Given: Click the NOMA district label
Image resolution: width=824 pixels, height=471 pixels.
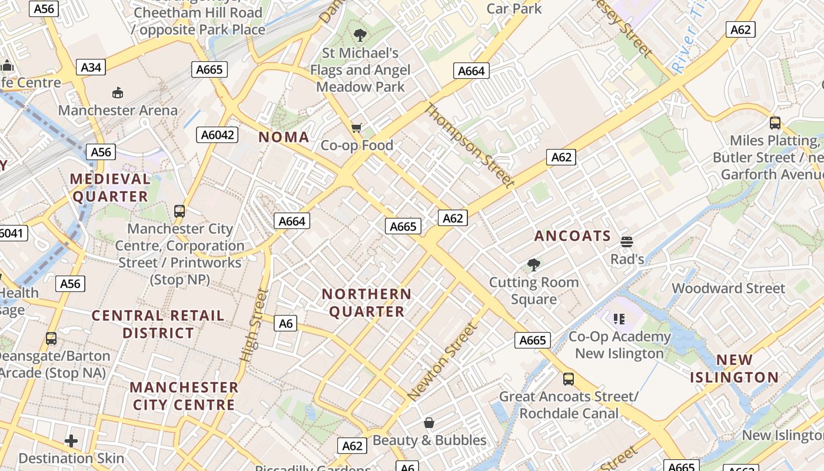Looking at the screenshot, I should coord(284,137).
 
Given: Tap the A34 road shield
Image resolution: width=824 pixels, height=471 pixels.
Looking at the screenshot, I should coord(91,67).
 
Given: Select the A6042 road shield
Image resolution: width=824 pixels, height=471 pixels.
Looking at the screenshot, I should coord(218,135).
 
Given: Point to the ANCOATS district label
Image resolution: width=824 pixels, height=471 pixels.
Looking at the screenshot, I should coord(573,236).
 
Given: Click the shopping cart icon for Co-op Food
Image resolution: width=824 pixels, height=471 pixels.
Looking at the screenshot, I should coord(356,128).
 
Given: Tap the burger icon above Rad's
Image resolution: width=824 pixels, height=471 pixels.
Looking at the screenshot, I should coord(627,241).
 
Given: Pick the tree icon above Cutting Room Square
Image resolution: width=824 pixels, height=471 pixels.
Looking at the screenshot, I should coord(534,265).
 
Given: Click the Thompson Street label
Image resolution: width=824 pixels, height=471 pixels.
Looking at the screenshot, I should coord(469,145).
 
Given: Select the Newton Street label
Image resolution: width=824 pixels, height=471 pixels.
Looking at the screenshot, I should coord(441,362).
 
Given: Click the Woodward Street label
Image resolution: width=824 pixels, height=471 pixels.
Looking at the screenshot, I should coord(728,288).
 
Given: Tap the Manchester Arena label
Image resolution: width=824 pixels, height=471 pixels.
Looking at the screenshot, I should coord(118,110).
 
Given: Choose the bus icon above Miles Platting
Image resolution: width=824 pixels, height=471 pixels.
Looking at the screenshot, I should coord(775,123).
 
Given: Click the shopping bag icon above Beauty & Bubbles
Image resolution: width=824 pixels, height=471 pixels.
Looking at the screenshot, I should coord(429,423).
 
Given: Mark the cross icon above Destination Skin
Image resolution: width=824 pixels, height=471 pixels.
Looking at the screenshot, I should coord(71,441).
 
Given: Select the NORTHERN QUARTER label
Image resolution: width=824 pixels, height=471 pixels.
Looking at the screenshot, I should coord(367,303).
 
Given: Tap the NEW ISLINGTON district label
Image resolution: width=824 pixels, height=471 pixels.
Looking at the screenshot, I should coord(734,369).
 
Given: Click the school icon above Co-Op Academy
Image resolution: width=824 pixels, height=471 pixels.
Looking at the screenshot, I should coord(619,319).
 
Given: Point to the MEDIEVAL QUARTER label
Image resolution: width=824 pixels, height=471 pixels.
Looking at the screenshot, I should coord(110,188).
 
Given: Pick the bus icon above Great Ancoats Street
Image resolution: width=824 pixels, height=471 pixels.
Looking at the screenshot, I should coord(568,379).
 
